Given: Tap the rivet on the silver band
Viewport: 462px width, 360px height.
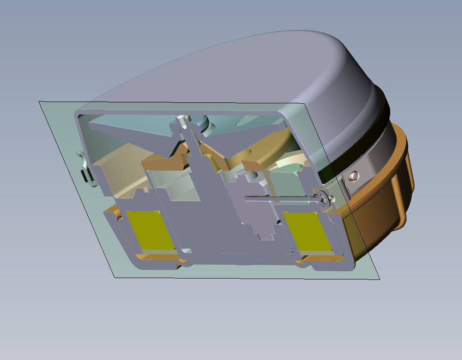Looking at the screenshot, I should coord(354,176).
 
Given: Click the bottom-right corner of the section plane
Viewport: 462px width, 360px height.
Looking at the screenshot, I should coord(379,279).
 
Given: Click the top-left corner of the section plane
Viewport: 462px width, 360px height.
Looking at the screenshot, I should coord(39,101).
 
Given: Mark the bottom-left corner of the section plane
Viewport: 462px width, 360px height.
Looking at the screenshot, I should coord(115,277).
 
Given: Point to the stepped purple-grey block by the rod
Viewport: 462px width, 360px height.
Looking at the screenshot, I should coord(255,214).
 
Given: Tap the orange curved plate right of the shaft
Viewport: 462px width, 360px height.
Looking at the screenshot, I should coord(264,152).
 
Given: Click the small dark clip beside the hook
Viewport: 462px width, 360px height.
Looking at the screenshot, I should coord(85,176).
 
